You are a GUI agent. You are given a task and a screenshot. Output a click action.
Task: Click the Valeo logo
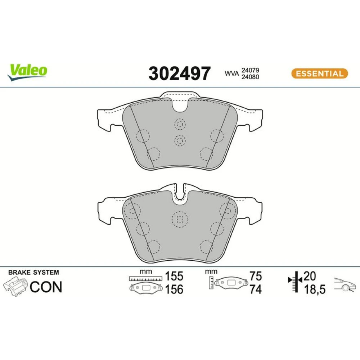tap(27, 72)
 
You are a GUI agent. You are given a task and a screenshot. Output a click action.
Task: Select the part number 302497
tap(179, 73)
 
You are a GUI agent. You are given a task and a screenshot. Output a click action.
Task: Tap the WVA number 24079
tap(250, 70)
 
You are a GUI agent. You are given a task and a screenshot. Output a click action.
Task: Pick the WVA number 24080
tap(250, 77)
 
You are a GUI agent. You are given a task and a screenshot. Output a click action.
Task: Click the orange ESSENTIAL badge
tap(320, 73)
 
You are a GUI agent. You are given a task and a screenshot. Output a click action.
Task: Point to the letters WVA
tap(231, 73)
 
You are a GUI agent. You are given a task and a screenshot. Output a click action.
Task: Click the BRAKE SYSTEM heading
tap(33, 273)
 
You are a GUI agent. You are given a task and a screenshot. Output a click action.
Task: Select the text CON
tap(46, 287)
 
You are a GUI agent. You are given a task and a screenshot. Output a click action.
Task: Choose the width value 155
tap(174, 276)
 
